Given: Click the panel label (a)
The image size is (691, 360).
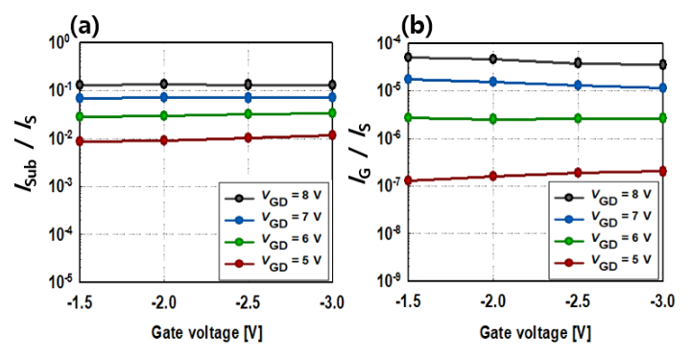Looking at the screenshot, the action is click(x=84, y=27).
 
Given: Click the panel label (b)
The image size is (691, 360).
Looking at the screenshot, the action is click(x=417, y=27).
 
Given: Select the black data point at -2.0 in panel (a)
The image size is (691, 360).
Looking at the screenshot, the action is click(x=164, y=84).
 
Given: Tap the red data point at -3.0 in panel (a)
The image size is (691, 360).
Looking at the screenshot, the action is click(x=332, y=135).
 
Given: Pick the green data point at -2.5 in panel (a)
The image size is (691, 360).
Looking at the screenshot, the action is click(x=249, y=113).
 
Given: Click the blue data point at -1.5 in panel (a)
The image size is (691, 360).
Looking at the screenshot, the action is click(x=80, y=98).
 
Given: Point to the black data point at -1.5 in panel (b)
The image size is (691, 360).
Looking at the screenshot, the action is click(x=408, y=57).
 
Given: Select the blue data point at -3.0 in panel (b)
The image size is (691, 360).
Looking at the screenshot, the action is click(x=661, y=88).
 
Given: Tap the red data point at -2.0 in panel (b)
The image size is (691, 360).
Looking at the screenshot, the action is click(x=492, y=176).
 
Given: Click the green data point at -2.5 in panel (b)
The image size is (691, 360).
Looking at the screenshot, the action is click(x=578, y=118).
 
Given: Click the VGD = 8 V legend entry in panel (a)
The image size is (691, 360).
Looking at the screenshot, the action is click(x=274, y=198).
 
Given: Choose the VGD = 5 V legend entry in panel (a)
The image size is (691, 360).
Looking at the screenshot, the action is click(x=274, y=263).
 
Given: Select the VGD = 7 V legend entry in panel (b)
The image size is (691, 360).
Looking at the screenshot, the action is click(x=603, y=217).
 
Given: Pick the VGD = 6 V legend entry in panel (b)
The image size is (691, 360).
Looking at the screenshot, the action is click(x=603, y=240).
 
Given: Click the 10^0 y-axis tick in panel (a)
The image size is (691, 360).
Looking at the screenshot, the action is click(x=60, y=43).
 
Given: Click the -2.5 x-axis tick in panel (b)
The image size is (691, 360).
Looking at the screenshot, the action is click(x=577, y=301).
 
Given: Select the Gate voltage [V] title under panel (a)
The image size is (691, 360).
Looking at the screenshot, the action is click(x=206, y=332).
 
